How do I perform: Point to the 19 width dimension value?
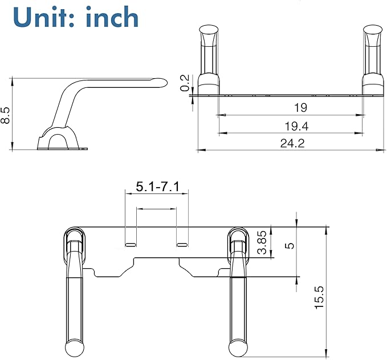click(x=301, y=107)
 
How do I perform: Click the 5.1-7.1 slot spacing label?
click(x=157, y=187)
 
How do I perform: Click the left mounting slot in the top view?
click(x=131, y=244)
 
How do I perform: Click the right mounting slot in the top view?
click(x=182, y=244)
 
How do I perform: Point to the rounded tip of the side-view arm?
click(x=161, y=83)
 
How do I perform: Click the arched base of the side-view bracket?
click(x=57, y=140)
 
